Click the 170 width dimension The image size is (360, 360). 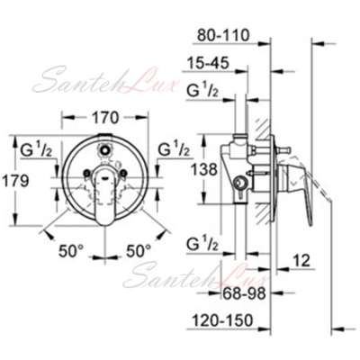coord(104,118)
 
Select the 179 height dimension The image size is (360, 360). coord(15,181)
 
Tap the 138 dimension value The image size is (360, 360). coord(204,170)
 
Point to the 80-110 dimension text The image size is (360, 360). coord(223,35)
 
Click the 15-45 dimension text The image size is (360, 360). coord(208,63)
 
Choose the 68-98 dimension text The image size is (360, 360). coord(244,293)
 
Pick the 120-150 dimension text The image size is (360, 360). coord(222,320)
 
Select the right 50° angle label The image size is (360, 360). coord(139,251)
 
